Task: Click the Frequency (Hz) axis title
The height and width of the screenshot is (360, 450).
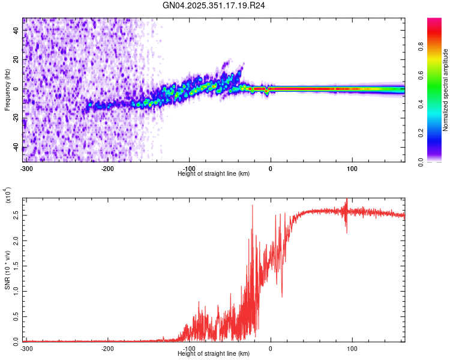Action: click(x=7, y=90)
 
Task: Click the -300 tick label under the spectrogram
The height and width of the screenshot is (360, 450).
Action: click(x=26, y=168)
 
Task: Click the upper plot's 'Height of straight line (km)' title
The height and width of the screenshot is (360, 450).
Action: click(x=214, y=173)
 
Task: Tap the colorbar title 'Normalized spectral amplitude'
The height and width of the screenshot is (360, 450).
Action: click(x=445, y=90)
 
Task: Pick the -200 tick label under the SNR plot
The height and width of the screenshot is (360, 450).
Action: click(x=108, y=348)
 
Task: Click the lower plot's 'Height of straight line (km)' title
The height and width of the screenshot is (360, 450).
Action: click(x=214, y=353)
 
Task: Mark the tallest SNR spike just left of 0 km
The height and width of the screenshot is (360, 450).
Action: click(x=252, y=206)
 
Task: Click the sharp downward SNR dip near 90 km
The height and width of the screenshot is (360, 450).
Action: click(x=346, y=232)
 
